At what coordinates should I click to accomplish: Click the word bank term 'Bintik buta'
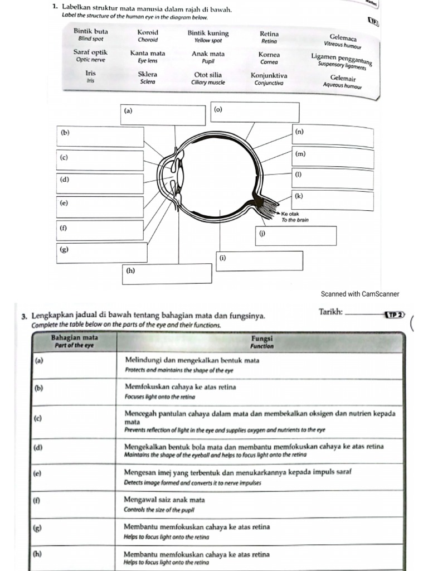click(91, 32)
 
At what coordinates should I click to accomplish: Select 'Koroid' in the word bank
click(148, 32)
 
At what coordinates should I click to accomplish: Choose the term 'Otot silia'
click(208, 75)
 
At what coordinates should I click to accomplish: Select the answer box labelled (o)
click(256, 111)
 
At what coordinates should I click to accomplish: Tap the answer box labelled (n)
click(333, 137)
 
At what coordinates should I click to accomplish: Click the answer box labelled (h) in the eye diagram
click(168, 273)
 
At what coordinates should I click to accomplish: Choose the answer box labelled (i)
click(260, 260)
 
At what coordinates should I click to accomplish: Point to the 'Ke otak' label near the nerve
click(290, 214)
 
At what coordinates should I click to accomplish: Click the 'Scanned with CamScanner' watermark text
click(361, 294)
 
